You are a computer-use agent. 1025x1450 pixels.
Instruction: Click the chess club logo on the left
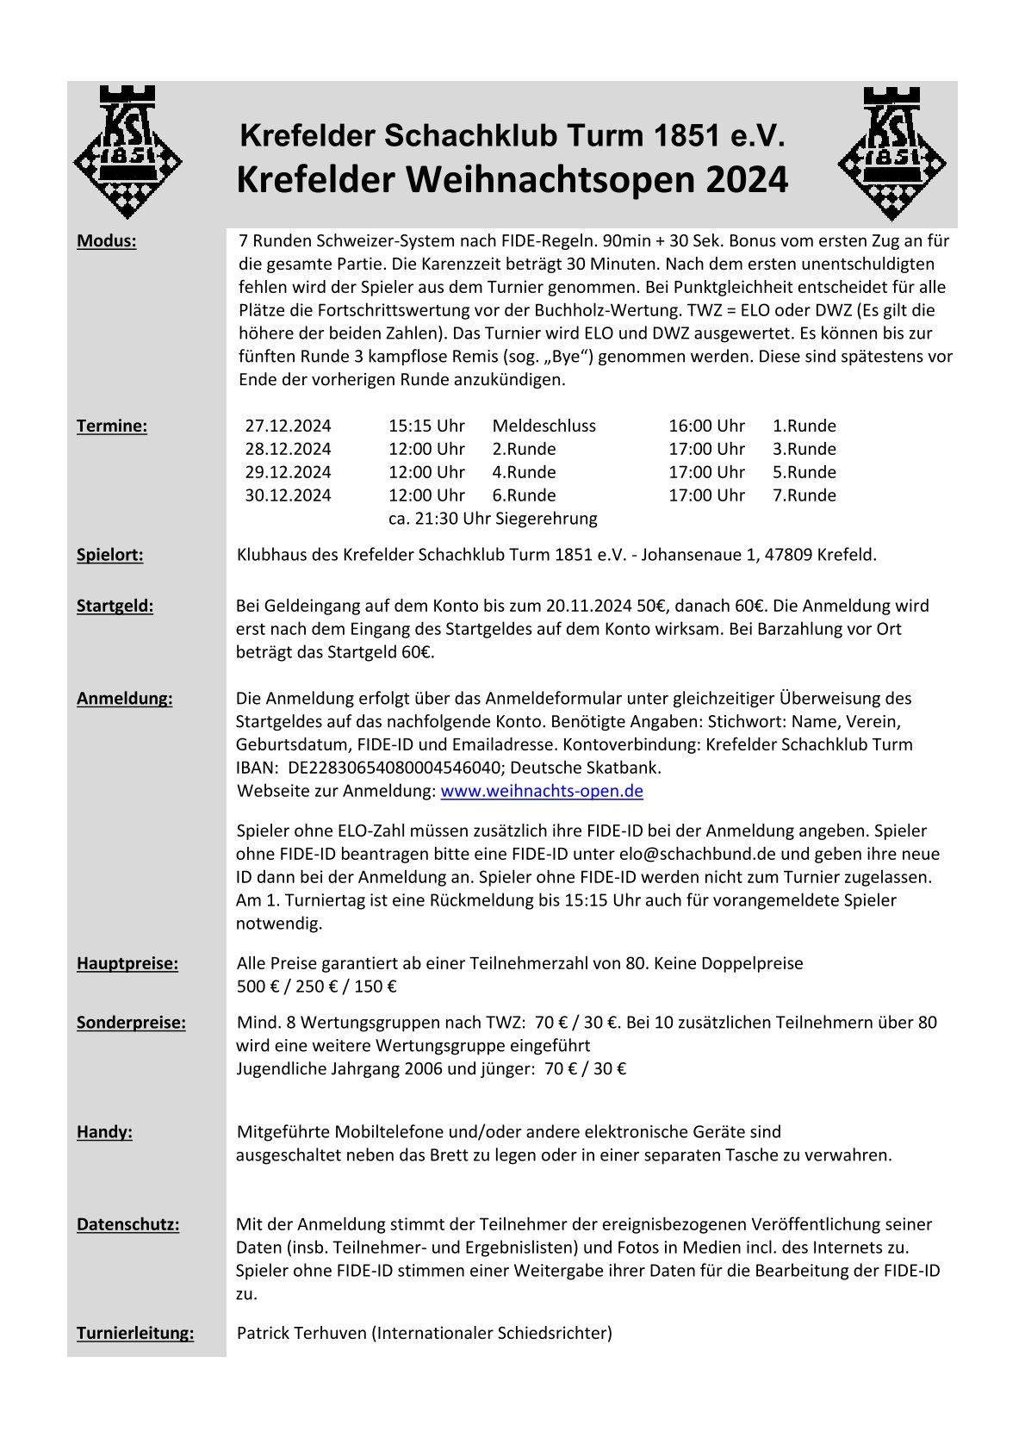tap(127, 153)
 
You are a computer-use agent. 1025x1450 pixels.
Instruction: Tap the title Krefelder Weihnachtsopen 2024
tap(512, 180)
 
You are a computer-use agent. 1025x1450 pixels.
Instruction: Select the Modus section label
tap(107, 241)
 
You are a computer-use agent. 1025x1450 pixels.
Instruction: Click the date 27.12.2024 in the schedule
tap(288, 426)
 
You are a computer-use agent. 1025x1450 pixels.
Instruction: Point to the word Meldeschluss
tap(544, 426)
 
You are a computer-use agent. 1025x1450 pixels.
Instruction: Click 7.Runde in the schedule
tap(804, 495)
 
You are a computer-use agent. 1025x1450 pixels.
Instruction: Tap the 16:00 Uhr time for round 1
tap(706, 426)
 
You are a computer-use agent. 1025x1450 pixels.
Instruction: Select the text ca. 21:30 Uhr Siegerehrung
tap(493, 519)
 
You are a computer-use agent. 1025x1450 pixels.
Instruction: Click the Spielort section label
tap(110, 555)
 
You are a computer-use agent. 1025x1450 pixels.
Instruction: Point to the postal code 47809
tap(783, 555)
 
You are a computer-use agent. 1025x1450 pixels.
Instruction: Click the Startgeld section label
tap(115, 606)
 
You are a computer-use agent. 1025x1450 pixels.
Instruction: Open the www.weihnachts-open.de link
tap(542, 791)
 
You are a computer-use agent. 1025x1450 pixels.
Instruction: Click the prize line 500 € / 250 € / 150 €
tap(317, 986)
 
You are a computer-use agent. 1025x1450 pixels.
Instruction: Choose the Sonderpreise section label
tap(131, 1023)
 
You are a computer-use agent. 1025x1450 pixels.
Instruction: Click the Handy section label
tap(104, 1132)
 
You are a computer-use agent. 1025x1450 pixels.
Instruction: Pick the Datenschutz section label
tap(127, 1224)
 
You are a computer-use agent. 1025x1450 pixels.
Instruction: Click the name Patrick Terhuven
tap(301, 1334)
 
